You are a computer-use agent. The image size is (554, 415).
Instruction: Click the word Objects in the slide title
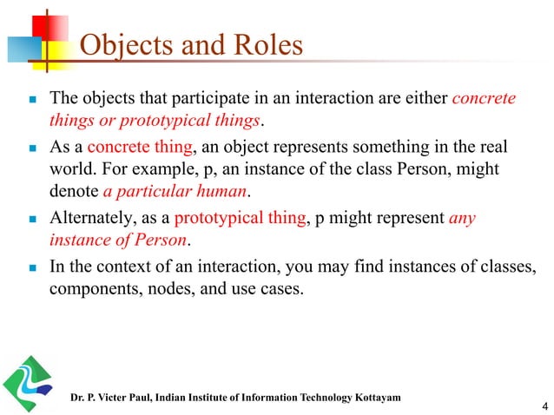point(120,45)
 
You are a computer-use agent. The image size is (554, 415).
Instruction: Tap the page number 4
point(544,405)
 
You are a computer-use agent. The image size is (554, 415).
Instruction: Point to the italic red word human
point(221,189)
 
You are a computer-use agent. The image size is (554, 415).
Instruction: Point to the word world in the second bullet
point(69,165)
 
